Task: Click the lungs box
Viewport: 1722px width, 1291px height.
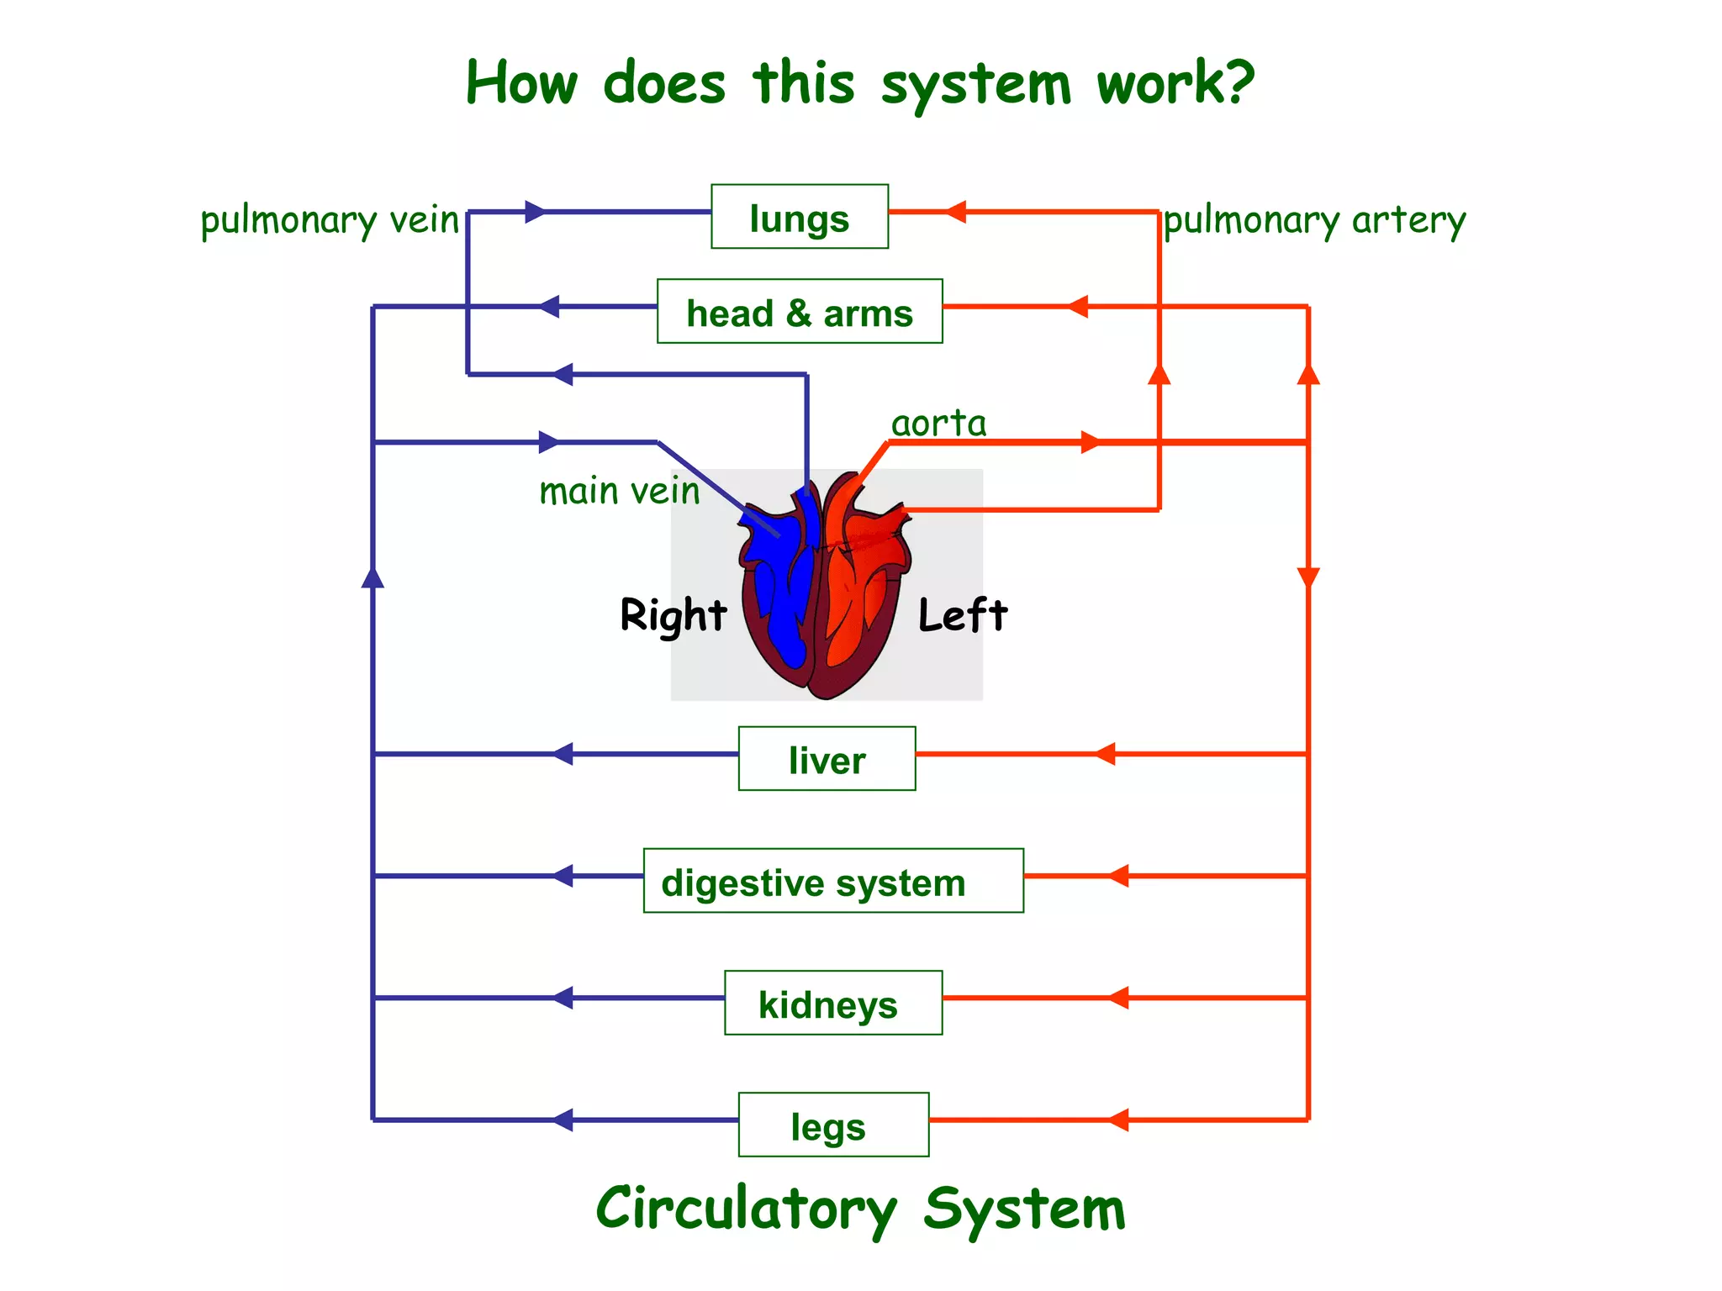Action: pos(799,217)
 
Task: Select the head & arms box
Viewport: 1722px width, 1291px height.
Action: pos(799,312)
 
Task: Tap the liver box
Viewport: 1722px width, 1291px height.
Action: pos(827,759)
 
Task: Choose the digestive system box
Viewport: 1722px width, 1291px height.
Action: pos(832,881)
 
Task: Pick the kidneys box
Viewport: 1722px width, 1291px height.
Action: pos(832,1003)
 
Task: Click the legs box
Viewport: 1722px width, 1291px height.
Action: pos(832,1125)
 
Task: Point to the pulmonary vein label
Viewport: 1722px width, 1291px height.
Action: pos(330,221)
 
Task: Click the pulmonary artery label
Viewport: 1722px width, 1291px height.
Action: pos(1314,221)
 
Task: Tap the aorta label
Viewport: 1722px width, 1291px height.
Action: pos(938,423)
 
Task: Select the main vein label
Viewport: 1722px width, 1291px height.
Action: pos(619,491)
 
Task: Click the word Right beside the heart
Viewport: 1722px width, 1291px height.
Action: pos(673,615)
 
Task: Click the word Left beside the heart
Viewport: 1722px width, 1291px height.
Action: pos(962,615)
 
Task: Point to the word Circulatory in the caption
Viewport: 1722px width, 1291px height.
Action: pos(746,1209)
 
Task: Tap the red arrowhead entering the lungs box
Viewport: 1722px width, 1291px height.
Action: pos(955,212)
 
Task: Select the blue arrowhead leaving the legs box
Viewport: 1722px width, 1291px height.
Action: pos(563,1120)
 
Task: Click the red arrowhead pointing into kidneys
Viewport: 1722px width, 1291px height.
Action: pos(1118,998)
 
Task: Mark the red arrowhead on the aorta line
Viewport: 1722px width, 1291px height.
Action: pos(1090,442)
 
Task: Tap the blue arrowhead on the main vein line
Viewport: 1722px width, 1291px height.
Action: pos(548,442)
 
